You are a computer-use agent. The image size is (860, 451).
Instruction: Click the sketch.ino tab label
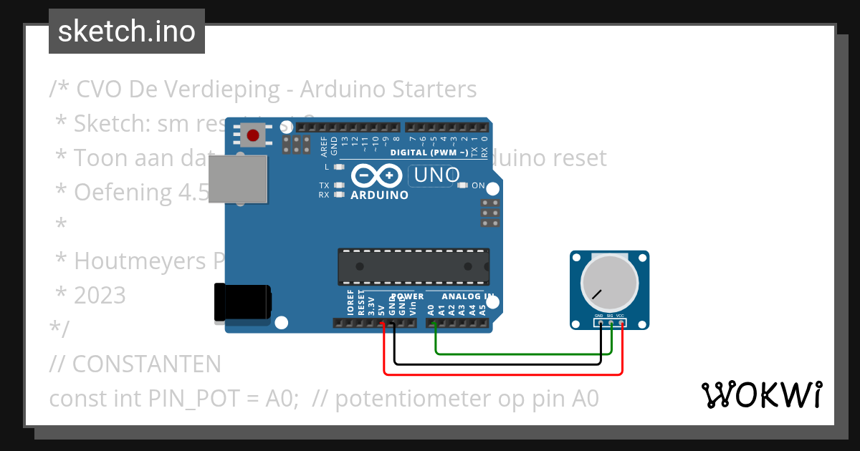tap(127, 31)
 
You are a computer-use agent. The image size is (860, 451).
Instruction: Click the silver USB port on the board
tap(238, 179)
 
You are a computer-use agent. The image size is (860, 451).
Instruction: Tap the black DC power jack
tap(242, 302)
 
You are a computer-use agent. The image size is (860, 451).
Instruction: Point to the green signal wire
tap(523, 354)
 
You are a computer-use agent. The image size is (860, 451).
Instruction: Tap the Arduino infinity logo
tap(377, 175)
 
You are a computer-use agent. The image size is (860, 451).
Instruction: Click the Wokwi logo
tap(762, 394)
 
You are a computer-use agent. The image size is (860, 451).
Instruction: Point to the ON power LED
tap(462, 186)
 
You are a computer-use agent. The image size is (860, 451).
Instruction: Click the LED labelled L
tap(340, 167)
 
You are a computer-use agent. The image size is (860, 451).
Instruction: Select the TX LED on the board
tap(340, 185)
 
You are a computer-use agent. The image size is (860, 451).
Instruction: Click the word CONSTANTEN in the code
tap(146, 364)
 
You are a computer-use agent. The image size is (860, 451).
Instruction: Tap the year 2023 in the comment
tap(100, 295)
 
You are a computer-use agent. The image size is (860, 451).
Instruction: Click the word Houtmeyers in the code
tap(140, 261)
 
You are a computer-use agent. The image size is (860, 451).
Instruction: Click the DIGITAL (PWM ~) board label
tap(429, 152)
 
